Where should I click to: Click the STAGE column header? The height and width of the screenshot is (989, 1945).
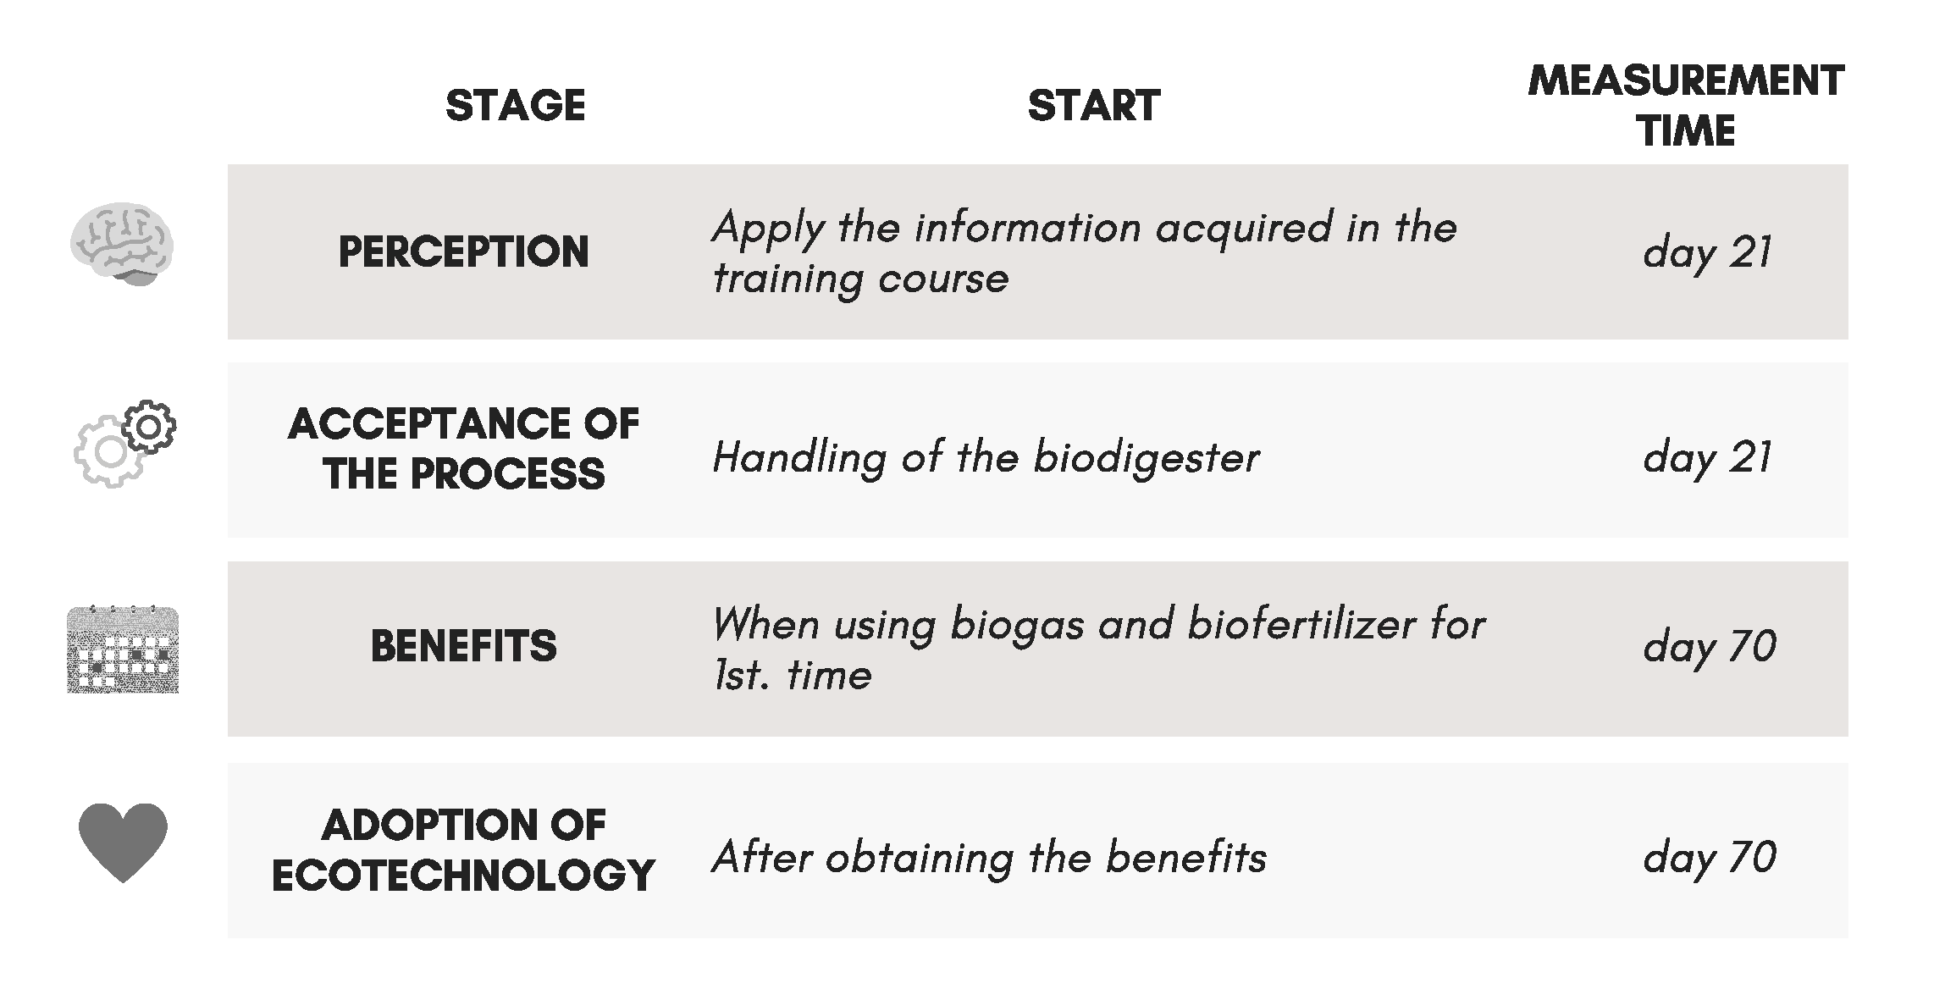pos(515,106)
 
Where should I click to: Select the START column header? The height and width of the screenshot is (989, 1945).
pos(1093,106)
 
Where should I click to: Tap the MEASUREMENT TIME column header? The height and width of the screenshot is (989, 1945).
pos(1686,106)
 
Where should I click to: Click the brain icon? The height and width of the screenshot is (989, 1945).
pos(122,244)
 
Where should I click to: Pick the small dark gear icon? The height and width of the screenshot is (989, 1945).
pos(149,427)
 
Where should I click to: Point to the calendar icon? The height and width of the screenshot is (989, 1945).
pos(123,649)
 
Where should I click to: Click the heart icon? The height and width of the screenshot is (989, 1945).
pos(123,842)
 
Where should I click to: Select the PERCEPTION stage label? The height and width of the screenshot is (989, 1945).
pos(463,251)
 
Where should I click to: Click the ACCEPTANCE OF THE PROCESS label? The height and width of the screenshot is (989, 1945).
pos(463,448)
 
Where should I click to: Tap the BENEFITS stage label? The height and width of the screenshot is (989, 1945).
pos(463,646)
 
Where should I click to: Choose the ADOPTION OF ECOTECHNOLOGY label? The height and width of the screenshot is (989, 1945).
pos(463,849)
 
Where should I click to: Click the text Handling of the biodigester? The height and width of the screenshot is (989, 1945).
pos(986,459)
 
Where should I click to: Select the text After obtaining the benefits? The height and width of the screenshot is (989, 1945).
pos(989,857)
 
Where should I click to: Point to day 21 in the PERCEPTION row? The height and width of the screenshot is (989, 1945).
pos(1707,252)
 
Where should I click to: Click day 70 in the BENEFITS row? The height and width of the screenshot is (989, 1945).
pos(1709,647)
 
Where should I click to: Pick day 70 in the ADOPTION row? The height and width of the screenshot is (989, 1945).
pos(1709,858)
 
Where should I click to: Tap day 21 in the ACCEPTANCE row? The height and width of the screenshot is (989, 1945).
pos(1707,458)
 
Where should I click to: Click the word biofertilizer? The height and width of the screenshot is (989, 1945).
pos(1301,624)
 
